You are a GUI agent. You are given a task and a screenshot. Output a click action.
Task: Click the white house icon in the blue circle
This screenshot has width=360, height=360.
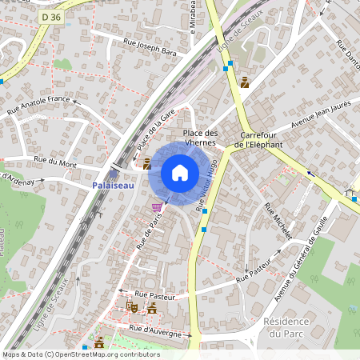coord(180,173)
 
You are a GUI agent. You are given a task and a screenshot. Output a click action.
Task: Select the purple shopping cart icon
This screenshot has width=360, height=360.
coord(157,206)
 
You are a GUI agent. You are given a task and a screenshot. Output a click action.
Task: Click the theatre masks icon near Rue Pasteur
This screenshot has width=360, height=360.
coord(132,306)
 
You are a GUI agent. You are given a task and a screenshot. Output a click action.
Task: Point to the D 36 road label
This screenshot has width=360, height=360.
coord(50,16)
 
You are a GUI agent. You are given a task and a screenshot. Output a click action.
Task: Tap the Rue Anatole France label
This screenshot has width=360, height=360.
coord(39,105)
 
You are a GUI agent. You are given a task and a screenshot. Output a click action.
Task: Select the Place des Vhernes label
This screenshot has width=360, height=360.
coord(200,138)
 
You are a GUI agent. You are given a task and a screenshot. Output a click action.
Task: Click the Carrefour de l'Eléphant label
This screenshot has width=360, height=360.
coord(260,139)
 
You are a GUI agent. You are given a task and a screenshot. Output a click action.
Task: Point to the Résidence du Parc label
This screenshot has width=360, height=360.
coord(286,326)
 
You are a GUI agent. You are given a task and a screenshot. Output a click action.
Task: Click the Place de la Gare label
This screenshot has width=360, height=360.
coord(156,130)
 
